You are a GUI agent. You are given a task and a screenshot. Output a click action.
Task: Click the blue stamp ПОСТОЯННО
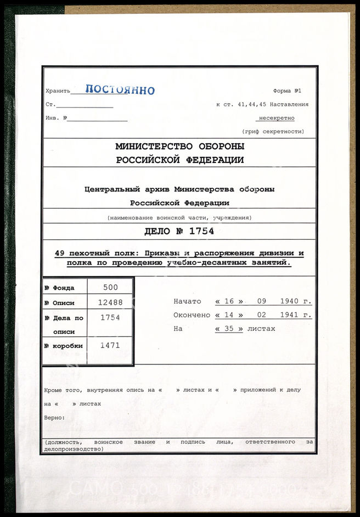pyautogui.click(x=120, y=91)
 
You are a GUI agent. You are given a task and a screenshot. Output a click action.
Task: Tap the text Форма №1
pyautogui.click(x=287, y=91)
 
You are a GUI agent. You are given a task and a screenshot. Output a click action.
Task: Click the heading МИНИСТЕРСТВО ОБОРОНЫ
pyautogui.click(x=179, y=147)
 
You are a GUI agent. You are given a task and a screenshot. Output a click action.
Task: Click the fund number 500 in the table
pyautogui.click(x=110, y=287)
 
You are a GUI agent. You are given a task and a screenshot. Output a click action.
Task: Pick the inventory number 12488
pyautogui.click(x=110, y=302)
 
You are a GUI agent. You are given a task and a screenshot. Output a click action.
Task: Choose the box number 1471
pyautogui.click(x=110, y=345)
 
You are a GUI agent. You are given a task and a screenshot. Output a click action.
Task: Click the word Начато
pyautogui.click(x=187, y=301)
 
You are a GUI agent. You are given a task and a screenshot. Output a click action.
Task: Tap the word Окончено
pyautogui.click(x=192, y=315)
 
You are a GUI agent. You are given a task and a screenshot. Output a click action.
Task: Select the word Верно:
pyautogui.click(x=54, y=418)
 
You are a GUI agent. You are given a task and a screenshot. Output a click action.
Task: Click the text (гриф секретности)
pyautogui.click(x=273, y=132)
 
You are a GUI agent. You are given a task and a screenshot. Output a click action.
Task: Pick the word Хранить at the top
pyautogui.click(x=58, y=92)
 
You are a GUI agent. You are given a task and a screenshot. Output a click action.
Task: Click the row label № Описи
pyautogui.click(x=60, y=303)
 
